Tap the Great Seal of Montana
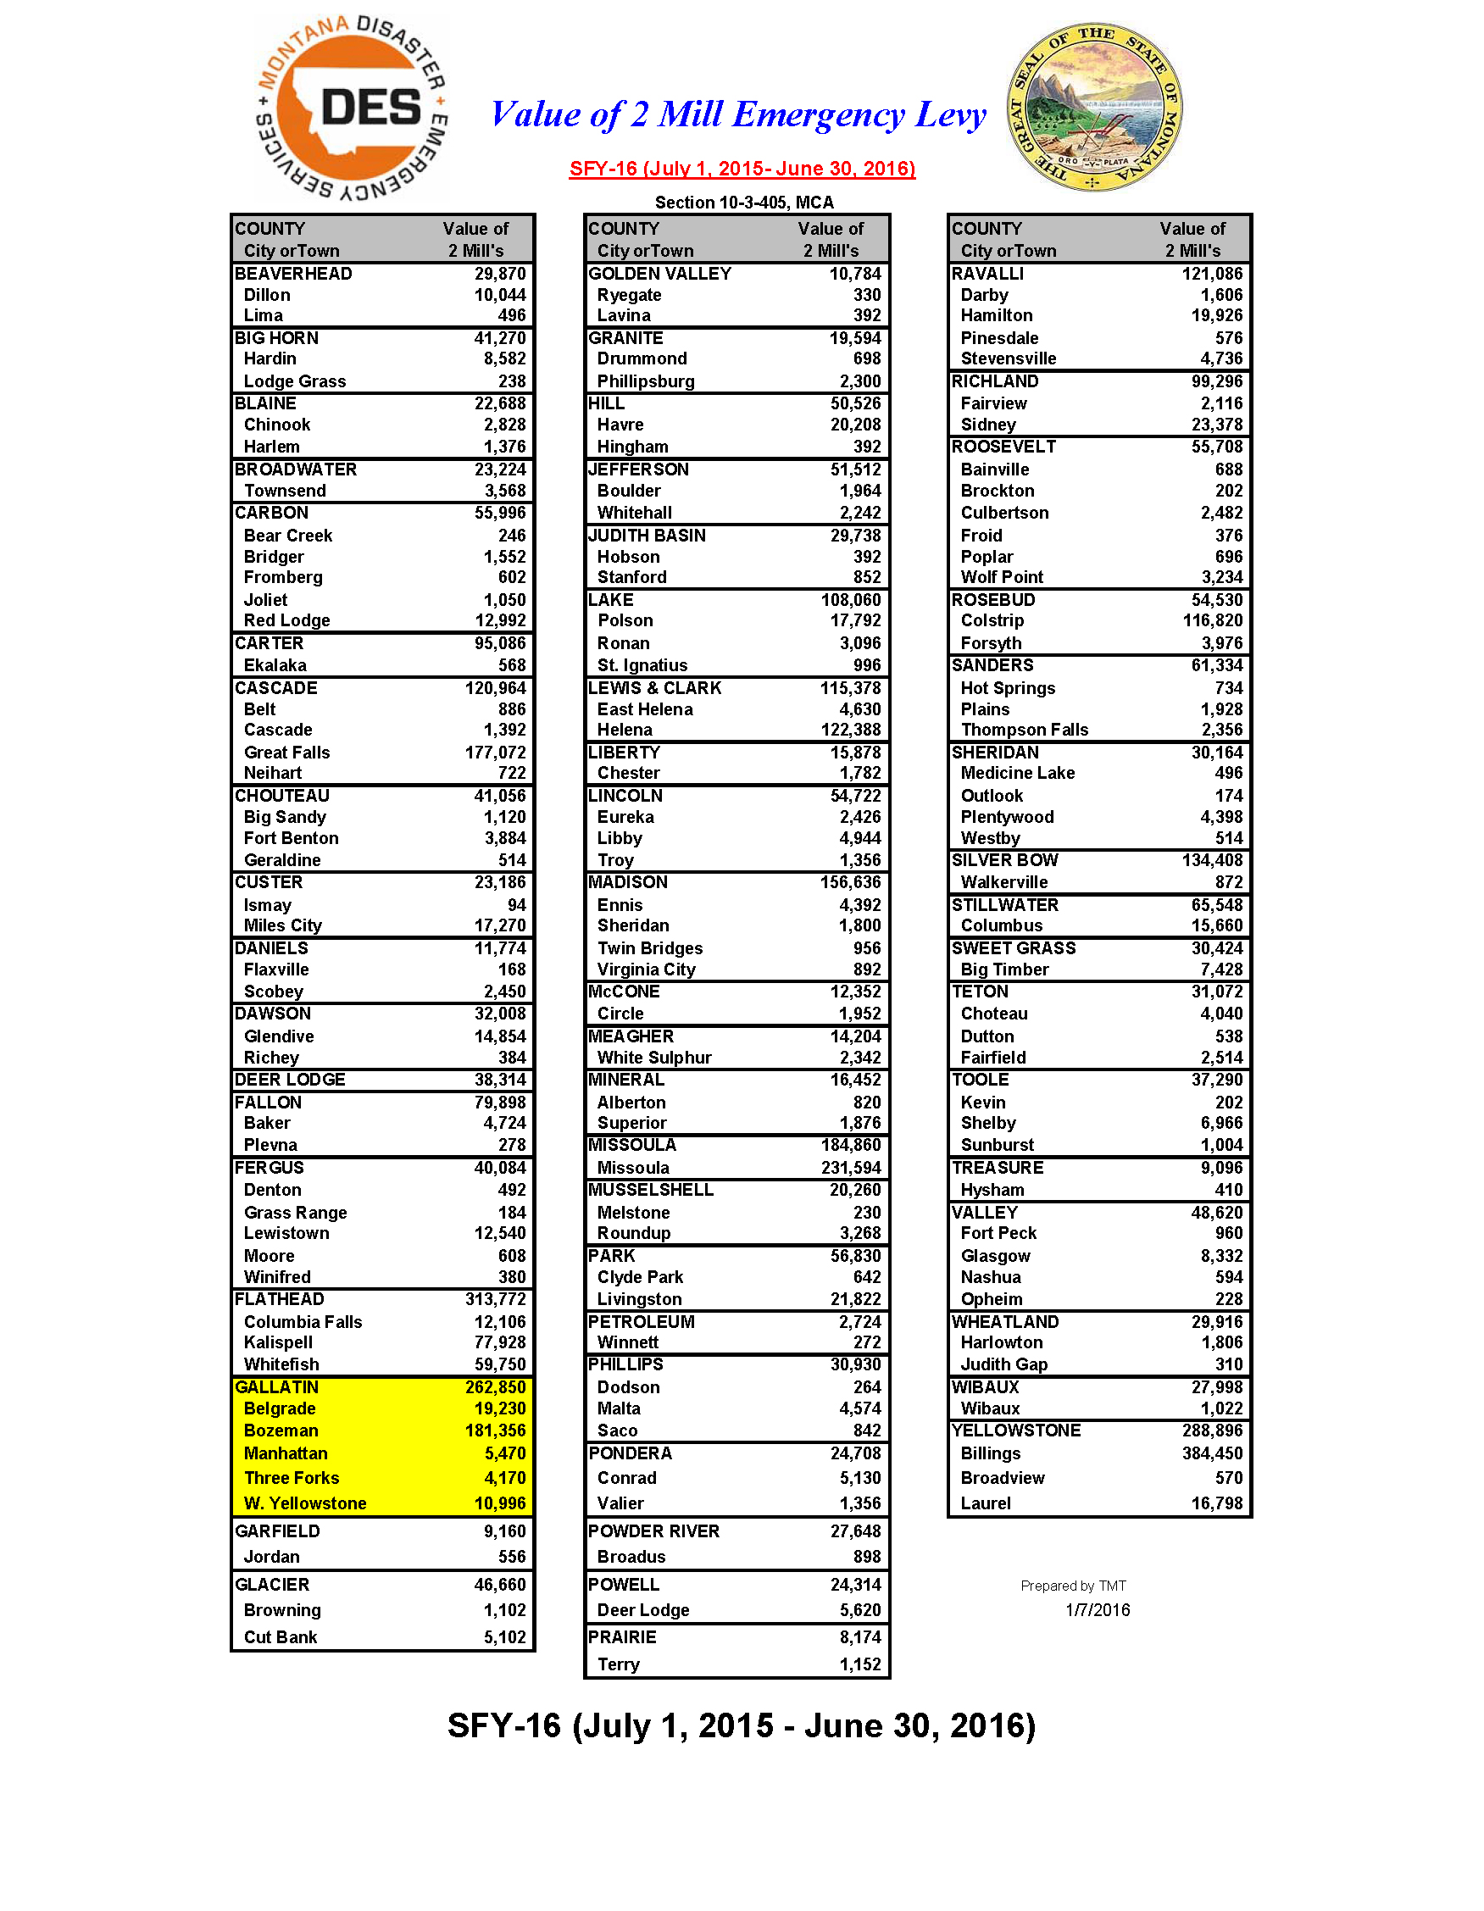click(1094, 107)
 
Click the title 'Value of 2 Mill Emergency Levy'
click(737, 114)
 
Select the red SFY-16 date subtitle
click(742, 169)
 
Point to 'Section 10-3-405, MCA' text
click(744, 203)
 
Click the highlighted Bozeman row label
click(281, 1430)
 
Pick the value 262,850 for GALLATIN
click(495, 1387)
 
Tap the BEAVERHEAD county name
click(293, 274)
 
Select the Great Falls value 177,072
click(495, 753)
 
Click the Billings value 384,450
click(1212, 1453)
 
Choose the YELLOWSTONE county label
click(1016, 1430)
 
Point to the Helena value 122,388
click(851, 730)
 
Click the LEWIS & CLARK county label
click(654, 688)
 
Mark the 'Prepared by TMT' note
click(1073, 1586)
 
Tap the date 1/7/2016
click(1098, 1610)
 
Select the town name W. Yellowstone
click(304, 1503)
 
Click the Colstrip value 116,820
click(1212, 620)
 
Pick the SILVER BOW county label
click(1004, 860)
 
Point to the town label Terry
click(618, 1664)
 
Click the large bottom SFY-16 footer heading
click(741, 1725)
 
